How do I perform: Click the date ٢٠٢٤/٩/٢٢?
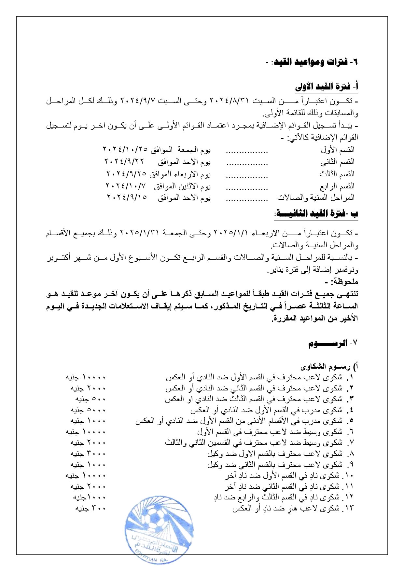(x=124, y=162)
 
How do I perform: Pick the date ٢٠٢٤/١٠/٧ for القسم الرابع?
(x=125, y=186)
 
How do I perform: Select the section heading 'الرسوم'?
(x=327, y=344)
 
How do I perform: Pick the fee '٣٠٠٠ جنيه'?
(x=88, y=454)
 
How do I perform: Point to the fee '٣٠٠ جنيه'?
(x=91, y=509)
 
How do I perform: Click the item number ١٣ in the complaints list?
(x=348, y=509)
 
